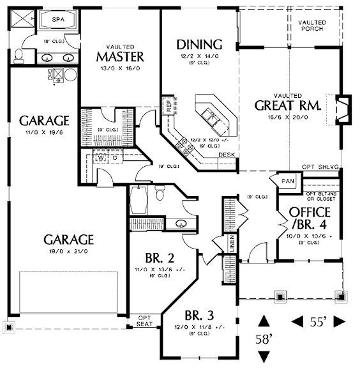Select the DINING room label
click(199, 45)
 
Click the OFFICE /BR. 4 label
click(310, 218)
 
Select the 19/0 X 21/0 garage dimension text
click(69, 252)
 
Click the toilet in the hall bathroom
click(162, 192)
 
